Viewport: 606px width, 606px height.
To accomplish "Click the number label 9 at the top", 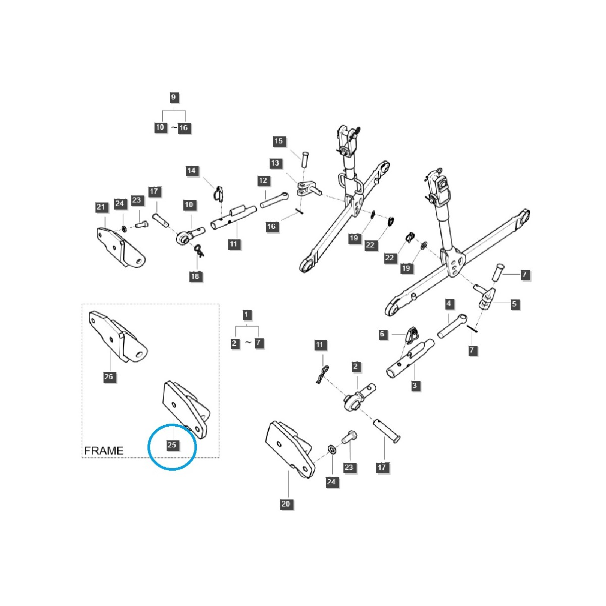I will [x=173, y=97].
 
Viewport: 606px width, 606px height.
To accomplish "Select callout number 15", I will [x=279, y=141].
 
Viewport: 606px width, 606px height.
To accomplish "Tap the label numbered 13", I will [x=275, y=163].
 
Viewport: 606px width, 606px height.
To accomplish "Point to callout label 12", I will [x=263, y=180].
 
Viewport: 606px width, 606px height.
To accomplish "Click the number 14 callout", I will [x=191, y=171].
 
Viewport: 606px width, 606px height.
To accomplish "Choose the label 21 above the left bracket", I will [x=101, y=207].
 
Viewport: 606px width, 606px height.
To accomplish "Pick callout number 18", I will [x=195, y=276].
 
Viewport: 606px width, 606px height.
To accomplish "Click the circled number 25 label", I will [x=172, y=445].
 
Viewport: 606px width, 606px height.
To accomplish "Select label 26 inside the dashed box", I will [x=109, y=377].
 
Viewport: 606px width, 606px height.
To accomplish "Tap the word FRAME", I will [x=104, y=450].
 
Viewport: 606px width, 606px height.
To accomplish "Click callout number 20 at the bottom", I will [x=286, y=503].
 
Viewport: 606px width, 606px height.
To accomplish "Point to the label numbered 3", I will [x=415, y=385].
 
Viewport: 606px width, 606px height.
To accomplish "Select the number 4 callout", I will [x=448, y=304].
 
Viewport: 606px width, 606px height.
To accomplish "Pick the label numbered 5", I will [x=514, y=304].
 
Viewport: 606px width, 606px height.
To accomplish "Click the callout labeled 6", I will [x=382, y=334].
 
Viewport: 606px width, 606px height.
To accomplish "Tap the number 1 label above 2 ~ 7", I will [x=246, y=315].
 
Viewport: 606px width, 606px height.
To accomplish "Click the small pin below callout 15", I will [x=305, y=158].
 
